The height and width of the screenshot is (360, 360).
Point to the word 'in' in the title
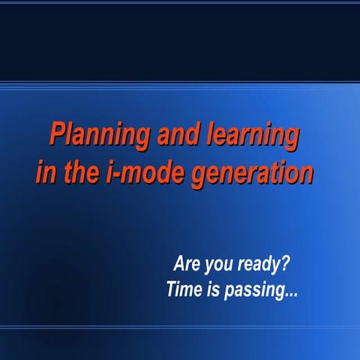pyautogui.click(x=44, y=172)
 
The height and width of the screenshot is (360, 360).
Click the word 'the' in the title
pyautogui.click(x=79, y=172)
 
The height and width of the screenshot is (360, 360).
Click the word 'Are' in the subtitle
pyautogui.click(x=187, y=265)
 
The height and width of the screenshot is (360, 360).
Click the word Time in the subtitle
pyautogui.click(x=182, y=289)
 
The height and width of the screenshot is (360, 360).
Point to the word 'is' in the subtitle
pyautogui.click(x=211, y=289)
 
